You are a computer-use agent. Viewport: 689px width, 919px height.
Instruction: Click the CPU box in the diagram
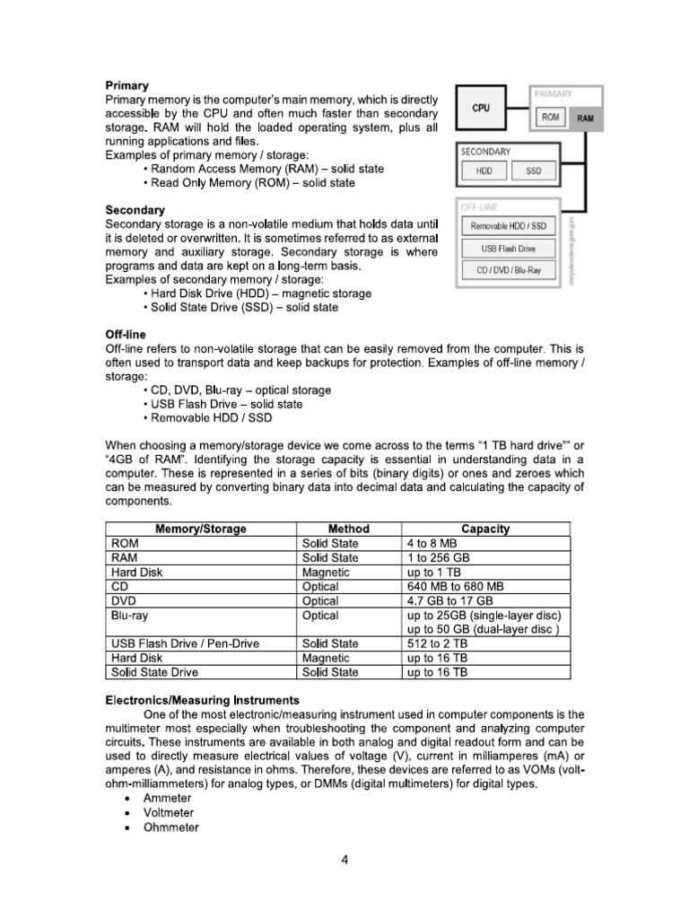pyautogui.click(x=481, y=107)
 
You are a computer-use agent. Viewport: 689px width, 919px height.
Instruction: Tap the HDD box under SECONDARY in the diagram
pyautogui.click(x=484, y=171)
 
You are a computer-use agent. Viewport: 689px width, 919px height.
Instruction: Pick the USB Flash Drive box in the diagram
pyautogui.click(x=507, y=248)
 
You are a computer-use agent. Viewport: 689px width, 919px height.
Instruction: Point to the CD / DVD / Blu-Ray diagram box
pyautogui.click(x=507, y=270)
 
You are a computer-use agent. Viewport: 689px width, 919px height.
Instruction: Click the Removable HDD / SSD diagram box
pyautogui.click(x=507, y=226)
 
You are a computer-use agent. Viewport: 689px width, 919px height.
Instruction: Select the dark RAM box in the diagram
pyautogui.click(x=585, y=118)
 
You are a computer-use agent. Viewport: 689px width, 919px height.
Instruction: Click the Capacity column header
pyautogui.click(x=485, y=529)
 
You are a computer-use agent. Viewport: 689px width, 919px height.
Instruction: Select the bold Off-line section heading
pyautogui.click(x=126, y=334)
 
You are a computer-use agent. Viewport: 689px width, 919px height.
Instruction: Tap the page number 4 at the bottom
pyautogui.click(x=344, y=860)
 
